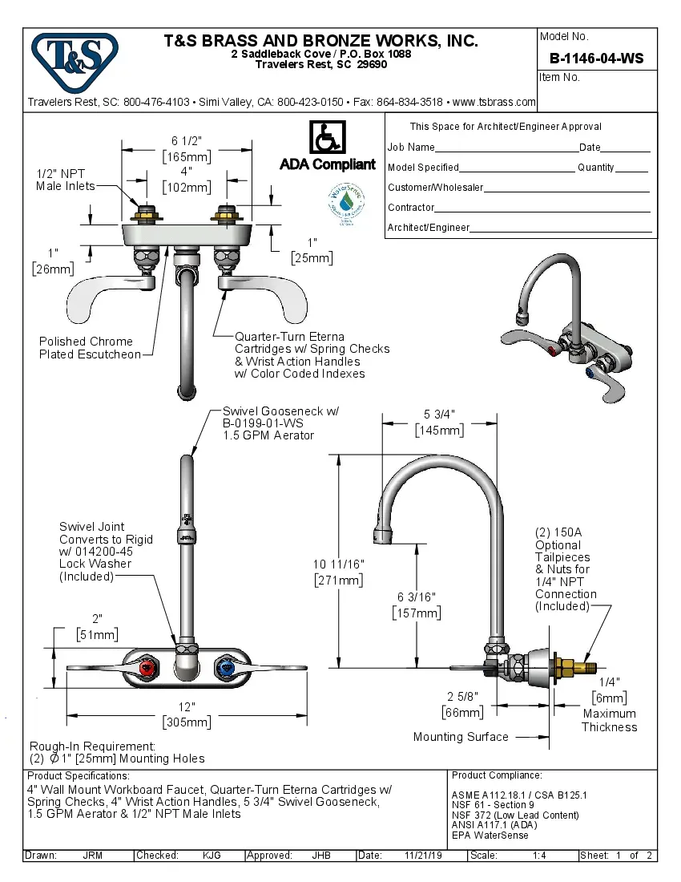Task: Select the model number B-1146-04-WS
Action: (x=596, y=59)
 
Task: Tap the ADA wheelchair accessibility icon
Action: (x=327, y=138)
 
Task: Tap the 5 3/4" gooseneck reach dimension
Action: (x=439, y=422)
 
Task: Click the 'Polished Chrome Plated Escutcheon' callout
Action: (x=90, y=348)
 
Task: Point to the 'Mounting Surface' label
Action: (x=461, y=737)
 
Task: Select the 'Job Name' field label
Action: (x=411, y=148)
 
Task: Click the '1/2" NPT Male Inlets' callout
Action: (x=65, y=180)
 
